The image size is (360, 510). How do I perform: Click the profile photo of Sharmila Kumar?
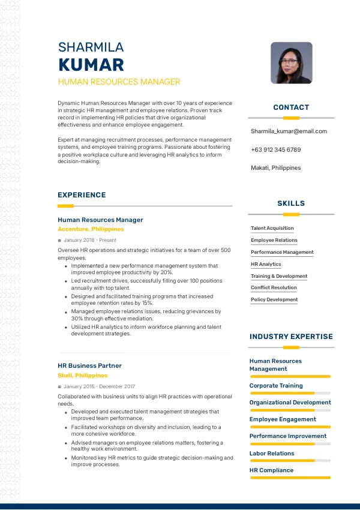(292, 62)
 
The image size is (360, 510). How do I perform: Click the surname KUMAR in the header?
(91, 65)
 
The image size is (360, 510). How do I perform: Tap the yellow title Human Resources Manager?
(119, 82)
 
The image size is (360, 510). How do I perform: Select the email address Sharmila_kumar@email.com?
(289, 131)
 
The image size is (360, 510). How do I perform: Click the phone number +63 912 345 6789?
(275, 150)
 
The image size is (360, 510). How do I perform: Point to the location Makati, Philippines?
(275, 168)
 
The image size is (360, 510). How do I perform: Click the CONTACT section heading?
(291, 107)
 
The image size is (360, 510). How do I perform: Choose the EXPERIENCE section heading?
(82, 195)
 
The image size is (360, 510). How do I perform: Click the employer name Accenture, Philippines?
(91, 229)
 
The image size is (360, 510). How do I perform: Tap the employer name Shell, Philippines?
(82, 376)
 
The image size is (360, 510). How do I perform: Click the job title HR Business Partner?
(89, 365)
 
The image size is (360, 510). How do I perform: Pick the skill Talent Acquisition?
(272, 228)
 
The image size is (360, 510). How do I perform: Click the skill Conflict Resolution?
(274, 287)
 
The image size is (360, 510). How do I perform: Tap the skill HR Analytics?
(266, 264)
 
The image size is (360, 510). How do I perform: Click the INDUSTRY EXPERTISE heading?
(291, 337)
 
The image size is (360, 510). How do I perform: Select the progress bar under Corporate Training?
(290, 393)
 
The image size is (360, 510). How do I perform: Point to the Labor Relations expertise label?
(272, 454)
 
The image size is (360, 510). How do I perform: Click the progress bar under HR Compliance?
(290, 478)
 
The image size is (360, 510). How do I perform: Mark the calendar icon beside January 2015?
(59, 386)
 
